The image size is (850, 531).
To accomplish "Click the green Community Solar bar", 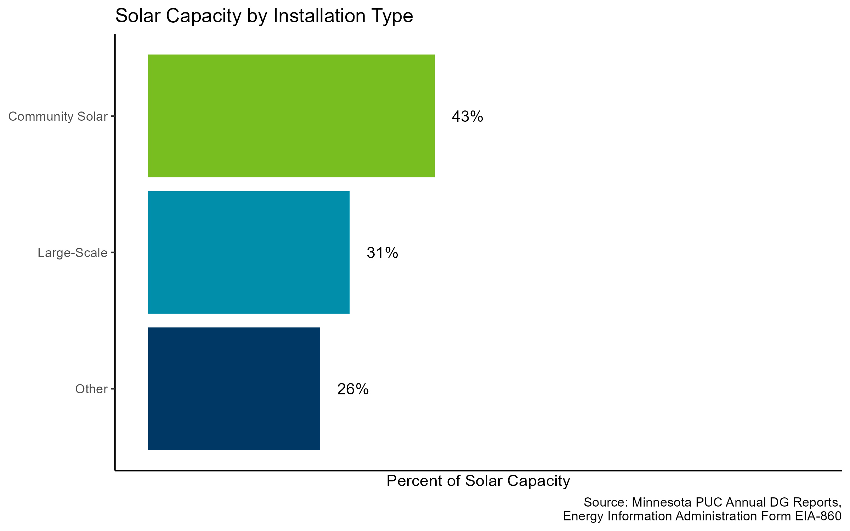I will [x=291, y=116].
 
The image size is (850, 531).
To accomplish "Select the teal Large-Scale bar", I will [x=249, y=252].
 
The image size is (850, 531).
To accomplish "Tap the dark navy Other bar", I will [x=234, y=389].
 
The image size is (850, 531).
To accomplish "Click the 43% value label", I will [x=467, y=116].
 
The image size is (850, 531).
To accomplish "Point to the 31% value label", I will [x=382, y=253].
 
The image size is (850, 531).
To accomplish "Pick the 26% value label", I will [x=353, y=389].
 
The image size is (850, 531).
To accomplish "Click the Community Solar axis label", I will [x=58, y=116].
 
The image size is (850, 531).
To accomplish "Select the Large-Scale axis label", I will [x=72, y=253].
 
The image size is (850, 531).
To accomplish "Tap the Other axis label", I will [x=91, y=389].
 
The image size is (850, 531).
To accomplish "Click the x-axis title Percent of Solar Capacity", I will [x=478, y=481].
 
